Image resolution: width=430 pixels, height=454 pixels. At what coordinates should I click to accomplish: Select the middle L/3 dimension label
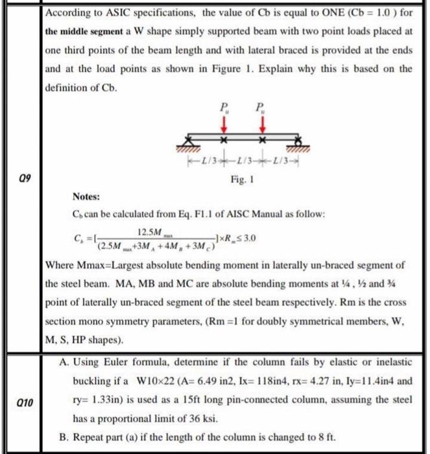[245, 160]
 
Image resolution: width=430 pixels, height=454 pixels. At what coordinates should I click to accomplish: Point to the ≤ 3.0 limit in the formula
[248, 238]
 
